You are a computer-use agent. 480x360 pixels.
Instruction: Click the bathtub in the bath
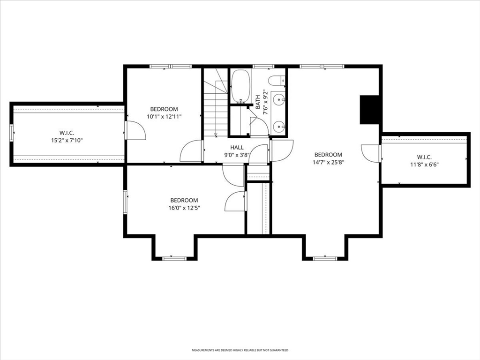pyautogui.click(x=241, y=86)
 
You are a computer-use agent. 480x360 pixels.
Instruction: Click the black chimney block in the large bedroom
pyautogui.click(x=369, y=110)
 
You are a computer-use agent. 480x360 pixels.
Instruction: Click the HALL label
pyautogui.click(x=237, y=148)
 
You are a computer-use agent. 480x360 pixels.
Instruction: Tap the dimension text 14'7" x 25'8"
pyautogui.click(x=329, y=163)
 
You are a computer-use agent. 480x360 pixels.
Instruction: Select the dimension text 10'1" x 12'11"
pyautogui.click(x=164, y=117)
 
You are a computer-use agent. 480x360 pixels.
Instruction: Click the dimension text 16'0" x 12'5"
pyautogui.click(x=184, y=208)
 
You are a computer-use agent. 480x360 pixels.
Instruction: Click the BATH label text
pyautogui.click(x=258, y=102)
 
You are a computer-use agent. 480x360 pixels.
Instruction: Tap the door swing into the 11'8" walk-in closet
pyautogui.click(x=371, y=153)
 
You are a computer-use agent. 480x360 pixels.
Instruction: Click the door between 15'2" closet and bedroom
pyautogui.click(x=135, y=130)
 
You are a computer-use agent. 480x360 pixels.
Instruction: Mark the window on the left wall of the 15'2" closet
pyautogui.click(x=12, y=133)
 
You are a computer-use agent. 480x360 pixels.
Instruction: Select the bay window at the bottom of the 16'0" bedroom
pyautogui.click(x=174, y=259)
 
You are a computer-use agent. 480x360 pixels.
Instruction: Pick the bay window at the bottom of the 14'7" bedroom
pyautogui.click(x=325, y=259)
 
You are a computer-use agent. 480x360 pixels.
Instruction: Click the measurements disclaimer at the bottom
pyautogui.click(x=240, y=350)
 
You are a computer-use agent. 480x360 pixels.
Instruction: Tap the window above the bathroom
pyautogui.click(x=263, y=66)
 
